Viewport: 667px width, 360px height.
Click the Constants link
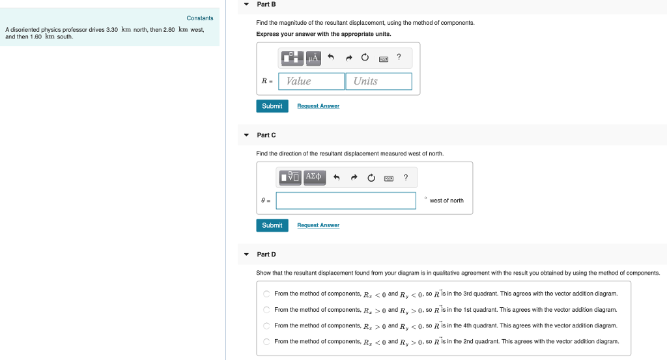pos(200,18)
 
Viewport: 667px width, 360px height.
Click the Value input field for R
pos(311,81)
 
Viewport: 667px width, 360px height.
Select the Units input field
pos(378,81)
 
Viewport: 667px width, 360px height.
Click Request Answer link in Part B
pos(318,106)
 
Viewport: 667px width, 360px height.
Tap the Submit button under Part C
pos(272,225)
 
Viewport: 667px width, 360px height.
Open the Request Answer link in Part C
pos(318,225)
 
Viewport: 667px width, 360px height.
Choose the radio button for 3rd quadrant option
pos(266,294)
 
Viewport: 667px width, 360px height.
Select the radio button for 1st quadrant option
pos(266,310)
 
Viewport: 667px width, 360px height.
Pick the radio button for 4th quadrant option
pos(266,325)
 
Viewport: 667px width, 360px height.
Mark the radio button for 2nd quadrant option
pos(266,341)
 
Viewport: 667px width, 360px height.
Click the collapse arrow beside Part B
pos(246,5)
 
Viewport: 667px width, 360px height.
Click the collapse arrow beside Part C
pos(246,135)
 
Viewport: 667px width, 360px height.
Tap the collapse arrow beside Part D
pos(246,255)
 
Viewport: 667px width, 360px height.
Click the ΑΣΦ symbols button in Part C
pos(313,177)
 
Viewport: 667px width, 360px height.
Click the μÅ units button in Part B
pos(313,58)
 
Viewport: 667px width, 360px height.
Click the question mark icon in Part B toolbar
pos(399,58)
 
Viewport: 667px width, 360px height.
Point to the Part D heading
pos(266,255)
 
